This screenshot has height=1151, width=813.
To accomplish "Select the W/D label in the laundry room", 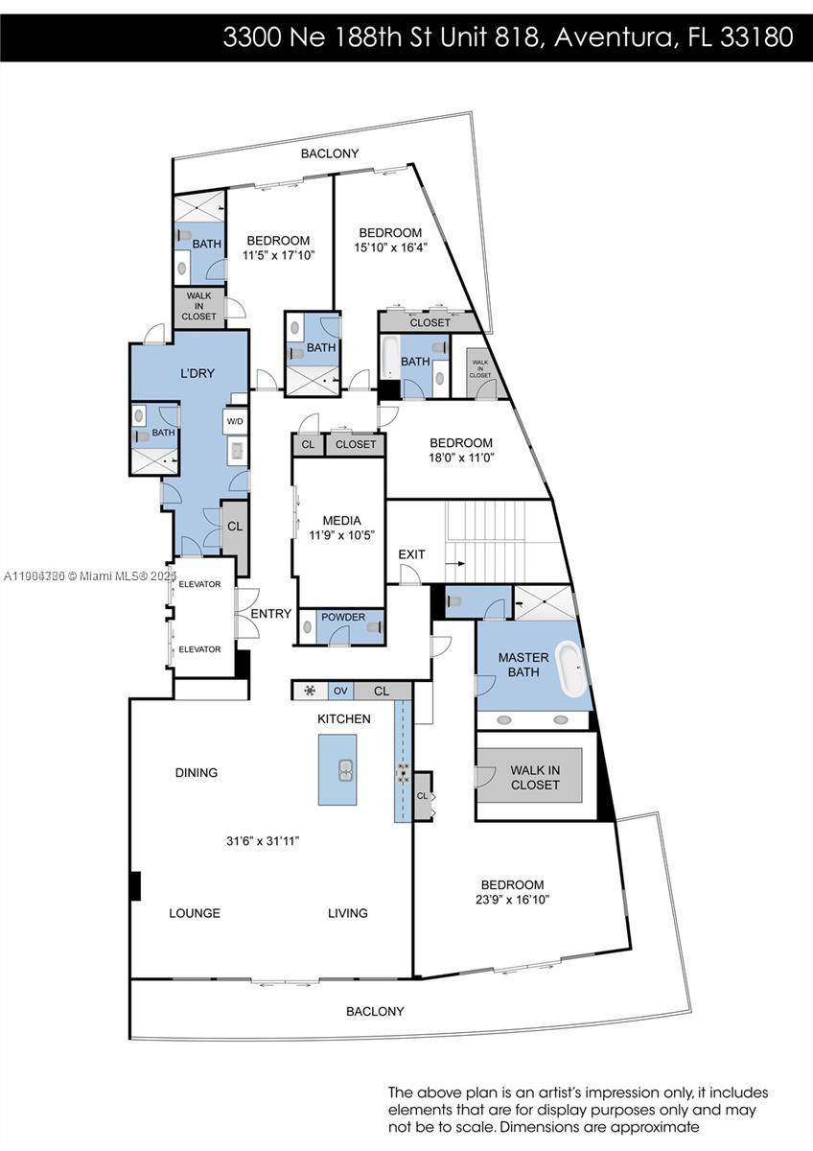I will (235, 421).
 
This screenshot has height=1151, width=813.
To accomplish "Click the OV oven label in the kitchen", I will (340, 691).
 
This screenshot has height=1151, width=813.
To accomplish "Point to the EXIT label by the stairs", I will (411, 554).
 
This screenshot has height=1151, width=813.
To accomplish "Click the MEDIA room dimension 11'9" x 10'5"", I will (341, 535).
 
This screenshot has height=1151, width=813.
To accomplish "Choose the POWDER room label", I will (343, 617).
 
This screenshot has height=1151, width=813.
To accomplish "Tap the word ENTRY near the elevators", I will (270, 614).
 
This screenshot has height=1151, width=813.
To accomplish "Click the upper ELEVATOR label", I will (199, 584).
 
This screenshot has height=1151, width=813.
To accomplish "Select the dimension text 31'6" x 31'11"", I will (263, 841).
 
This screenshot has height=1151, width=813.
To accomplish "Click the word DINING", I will (197, 772).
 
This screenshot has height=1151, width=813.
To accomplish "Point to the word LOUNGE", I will (195, 913).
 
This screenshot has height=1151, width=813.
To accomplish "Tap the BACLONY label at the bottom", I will (375, 1011).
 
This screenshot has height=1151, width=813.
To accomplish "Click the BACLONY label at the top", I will (330, 153).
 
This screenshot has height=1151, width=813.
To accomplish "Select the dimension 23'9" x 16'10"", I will (512, 900).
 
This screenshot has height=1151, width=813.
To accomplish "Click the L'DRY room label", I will (197, 373).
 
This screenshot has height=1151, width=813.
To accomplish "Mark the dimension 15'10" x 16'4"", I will (391, 247).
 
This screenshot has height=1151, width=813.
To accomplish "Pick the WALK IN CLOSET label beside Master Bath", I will (534, 777).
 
